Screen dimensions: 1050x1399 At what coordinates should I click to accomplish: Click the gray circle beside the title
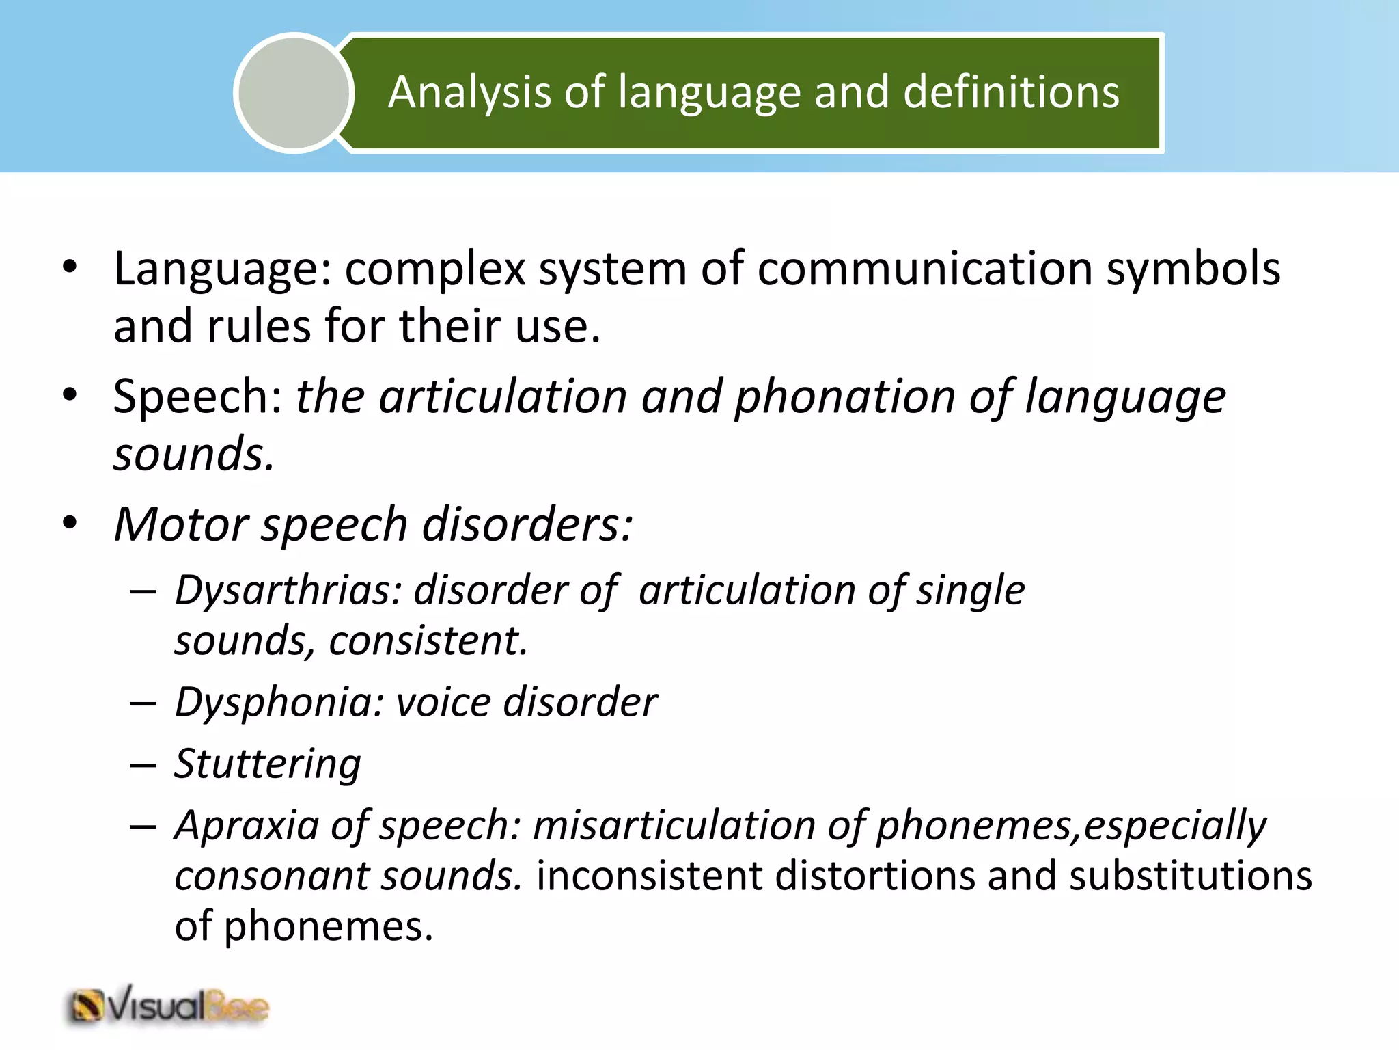point(294,93)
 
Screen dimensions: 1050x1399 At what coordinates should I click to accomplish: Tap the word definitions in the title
point(1011,92)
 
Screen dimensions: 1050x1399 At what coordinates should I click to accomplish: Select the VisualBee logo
point(168,1007)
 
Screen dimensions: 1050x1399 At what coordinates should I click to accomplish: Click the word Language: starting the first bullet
point(222,269)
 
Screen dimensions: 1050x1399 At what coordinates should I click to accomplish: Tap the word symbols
point(1193,268)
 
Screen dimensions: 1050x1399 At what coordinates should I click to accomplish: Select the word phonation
point(844,396)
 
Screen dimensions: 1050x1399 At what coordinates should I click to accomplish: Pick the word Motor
point(181,524)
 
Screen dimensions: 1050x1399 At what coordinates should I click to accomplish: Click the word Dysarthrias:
point(288,590)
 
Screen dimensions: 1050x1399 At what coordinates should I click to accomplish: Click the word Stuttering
point(267,764)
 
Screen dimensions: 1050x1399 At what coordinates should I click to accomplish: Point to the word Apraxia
point(247,825)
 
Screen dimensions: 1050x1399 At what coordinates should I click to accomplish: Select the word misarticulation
point(674,825)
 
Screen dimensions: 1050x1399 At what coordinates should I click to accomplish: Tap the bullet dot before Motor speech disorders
point(70,524)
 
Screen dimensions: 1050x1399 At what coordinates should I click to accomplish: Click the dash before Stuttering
point(143,765)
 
